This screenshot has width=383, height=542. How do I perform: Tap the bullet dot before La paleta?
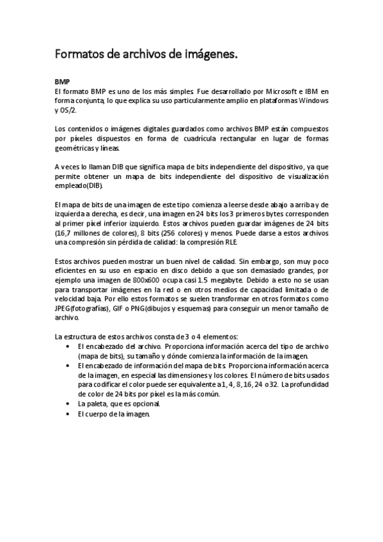pos(68,404)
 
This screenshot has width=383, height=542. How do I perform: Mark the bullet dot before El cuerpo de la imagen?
pos(68,414)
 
